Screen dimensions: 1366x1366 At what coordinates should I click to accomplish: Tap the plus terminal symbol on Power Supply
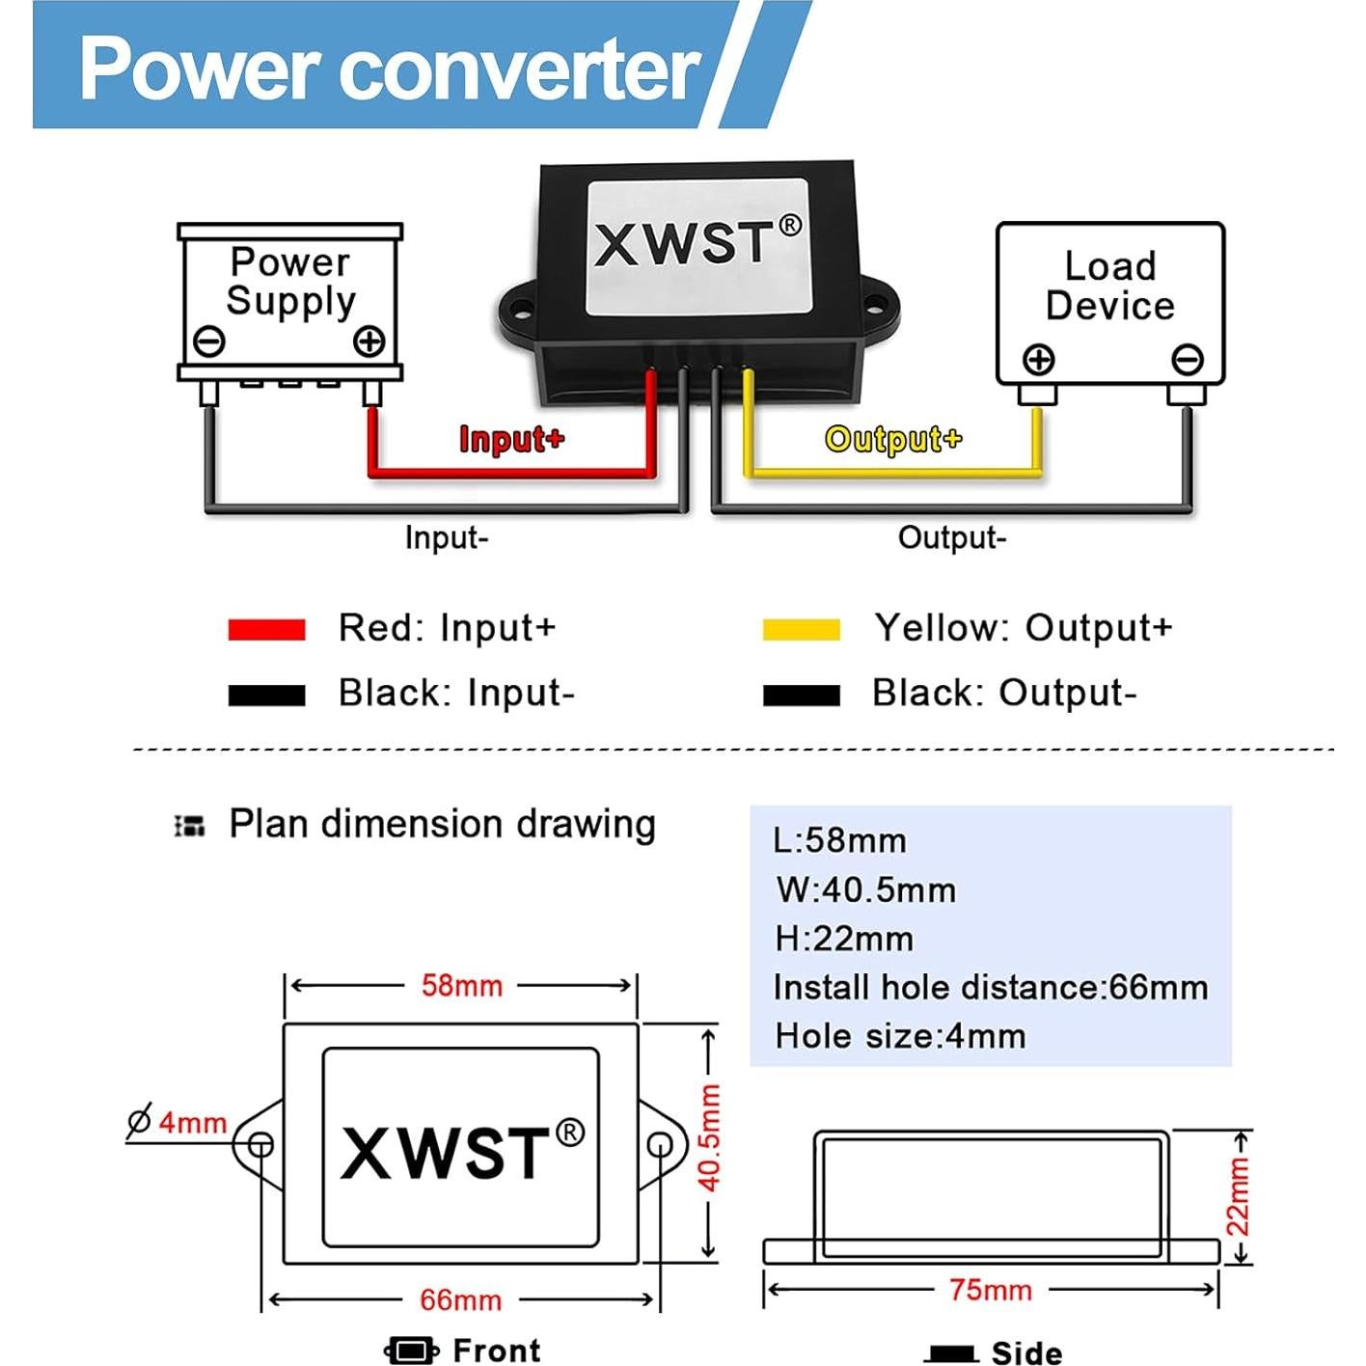(x=369, y=341)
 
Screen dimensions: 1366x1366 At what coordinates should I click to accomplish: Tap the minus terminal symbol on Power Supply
(x=209, y=341)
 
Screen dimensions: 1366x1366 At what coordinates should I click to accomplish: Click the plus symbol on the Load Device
(x=1039, y=360)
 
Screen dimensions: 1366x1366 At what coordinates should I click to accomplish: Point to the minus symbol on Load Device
(x=1188, y=360)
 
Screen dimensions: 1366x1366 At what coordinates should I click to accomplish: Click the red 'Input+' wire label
(x=511, y=439)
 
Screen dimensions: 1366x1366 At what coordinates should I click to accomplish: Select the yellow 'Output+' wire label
(x=893, y=439)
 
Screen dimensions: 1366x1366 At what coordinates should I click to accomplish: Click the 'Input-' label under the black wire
(x=447, y=537)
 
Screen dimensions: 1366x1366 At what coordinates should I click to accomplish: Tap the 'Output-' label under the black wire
(x=952, y=537)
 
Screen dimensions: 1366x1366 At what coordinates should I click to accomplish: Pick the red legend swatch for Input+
(x=266, y=630)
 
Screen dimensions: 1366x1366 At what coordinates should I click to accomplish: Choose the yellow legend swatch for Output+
(x=801, y=630)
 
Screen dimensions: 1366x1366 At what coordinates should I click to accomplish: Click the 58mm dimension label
(x=462, y=986)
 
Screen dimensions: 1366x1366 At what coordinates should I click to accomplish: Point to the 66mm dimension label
(x=460, y=1299)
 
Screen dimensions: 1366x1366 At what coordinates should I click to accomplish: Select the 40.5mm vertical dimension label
(x=709, y=1138)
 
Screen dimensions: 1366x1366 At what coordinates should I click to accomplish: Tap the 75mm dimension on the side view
(x=990, y=1290)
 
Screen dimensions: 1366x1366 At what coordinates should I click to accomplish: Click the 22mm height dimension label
(x=1238, y=1196)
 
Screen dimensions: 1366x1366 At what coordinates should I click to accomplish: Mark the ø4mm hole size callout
(x=178, y=1122)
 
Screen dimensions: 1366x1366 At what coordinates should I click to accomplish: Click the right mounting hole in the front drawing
(x=660, y=1145)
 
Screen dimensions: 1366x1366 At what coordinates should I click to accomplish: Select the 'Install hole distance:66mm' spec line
(x=990, y=988)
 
